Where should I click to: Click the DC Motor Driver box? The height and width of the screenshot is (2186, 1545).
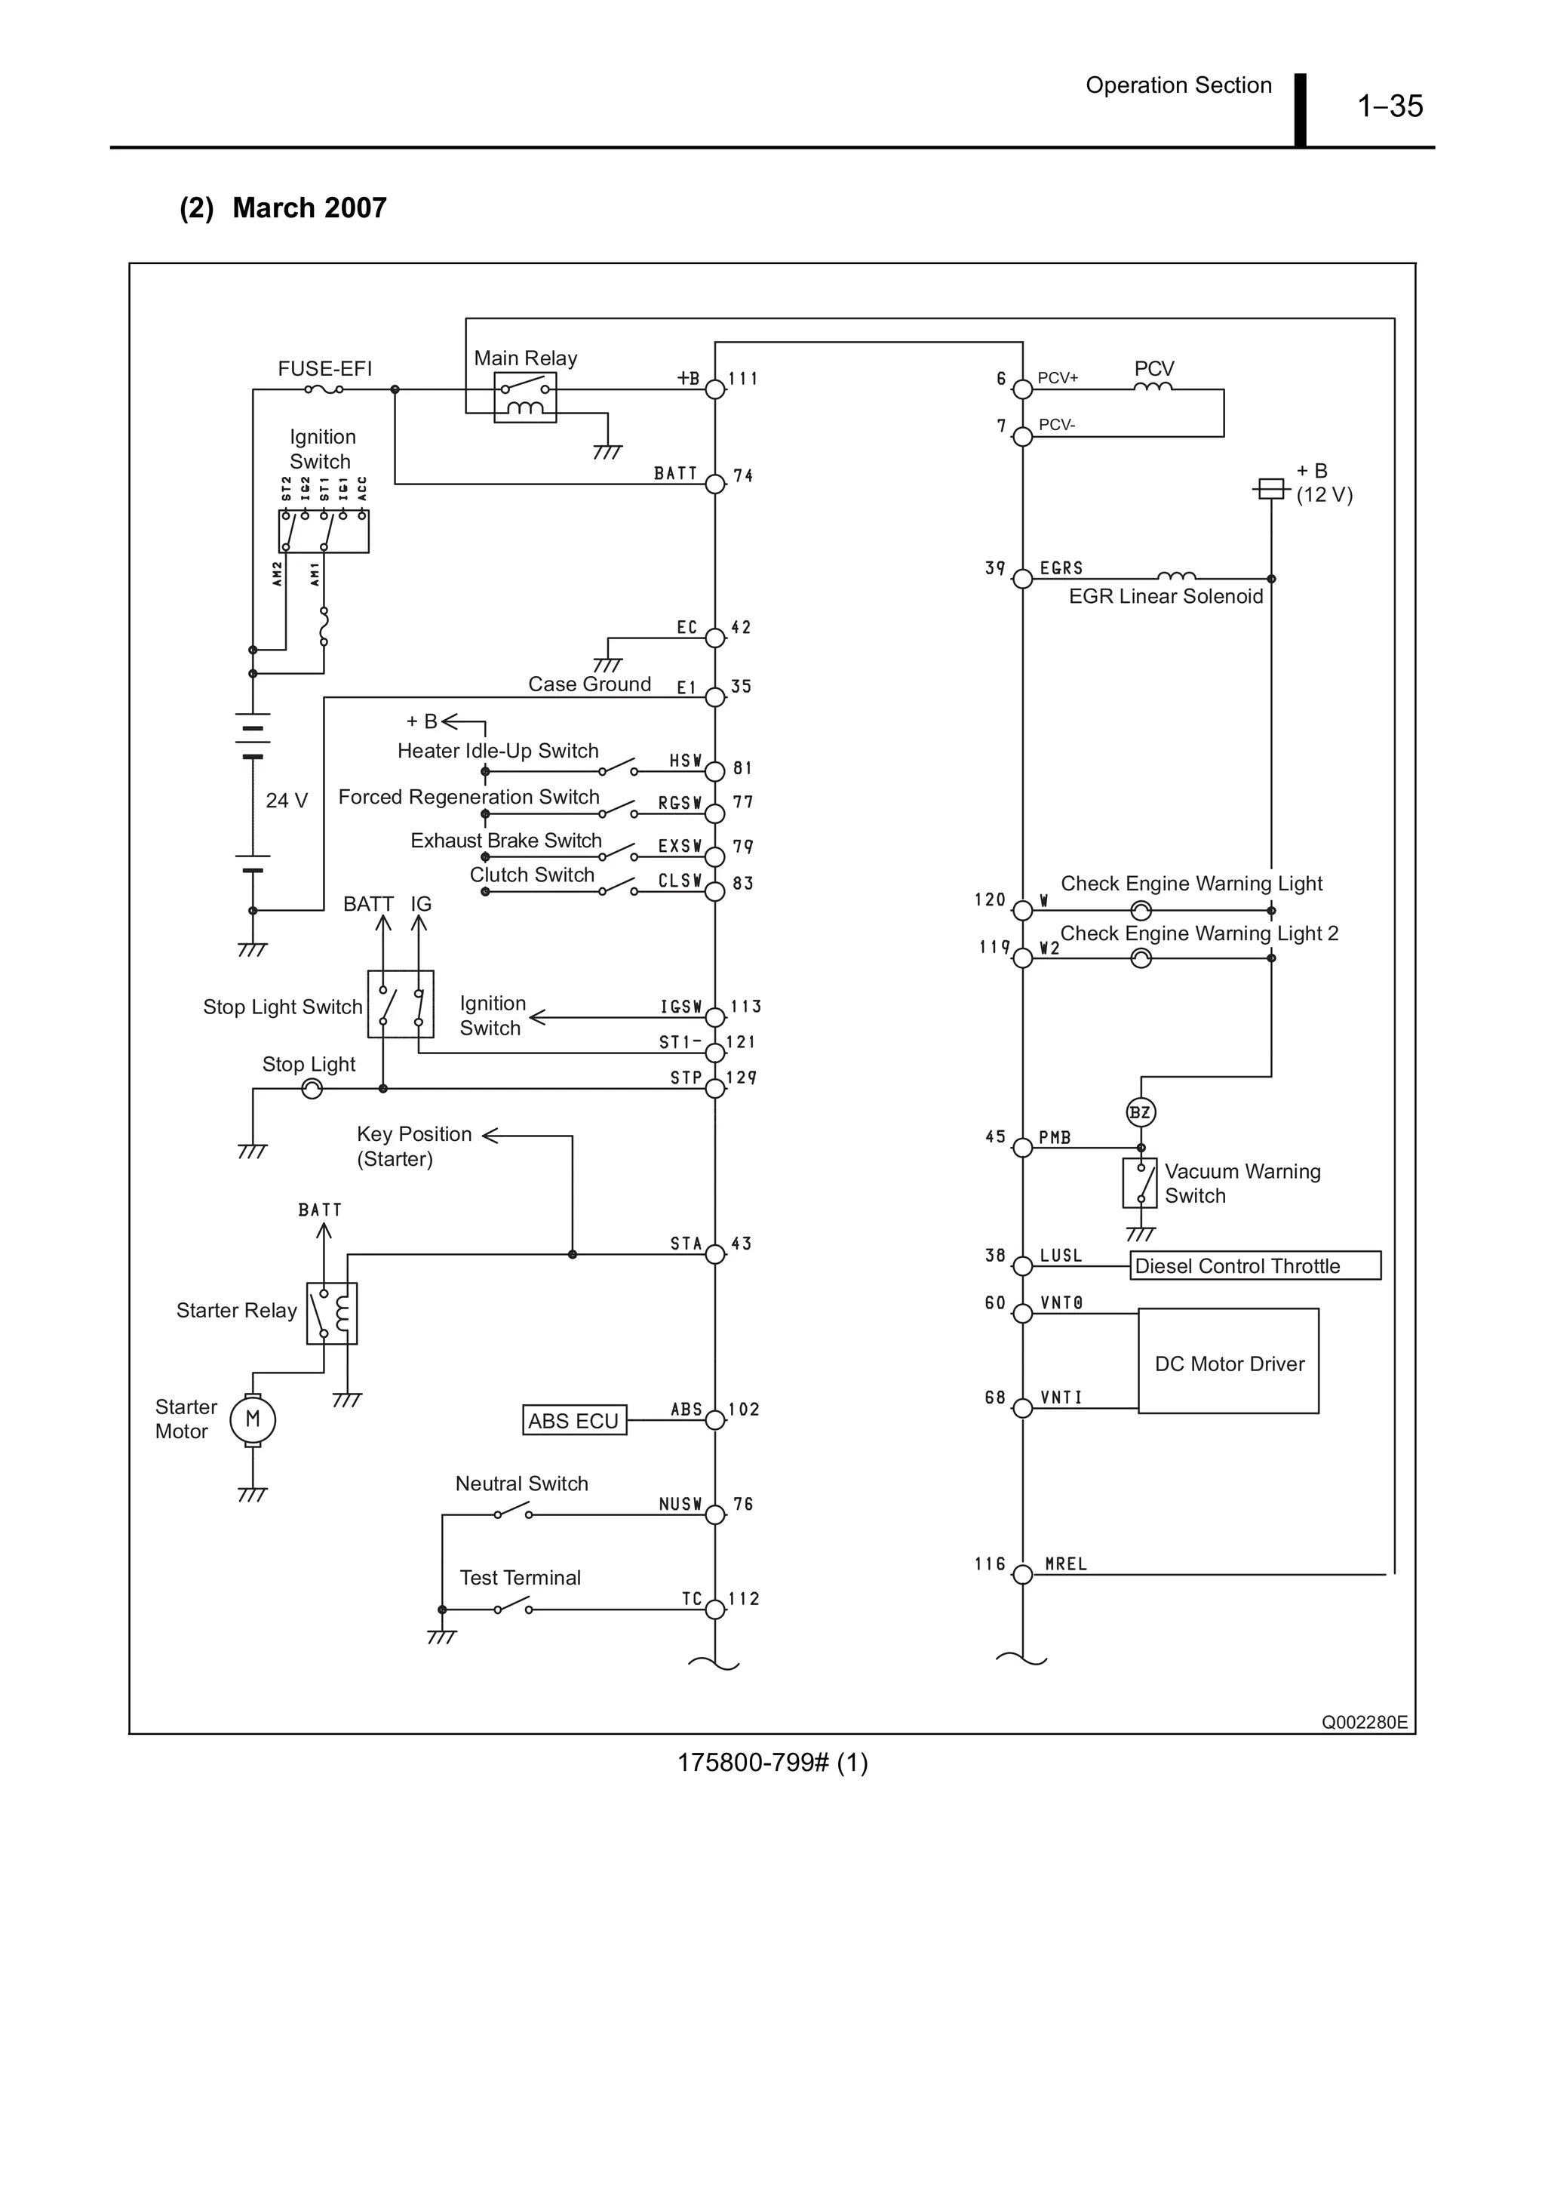click(1228, 1361)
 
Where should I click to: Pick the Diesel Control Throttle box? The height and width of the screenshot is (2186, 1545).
click(1255, 1265)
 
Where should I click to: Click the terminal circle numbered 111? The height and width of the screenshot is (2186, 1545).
click(715, 389)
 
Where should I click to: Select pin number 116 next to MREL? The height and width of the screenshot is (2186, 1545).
click(989, 1563)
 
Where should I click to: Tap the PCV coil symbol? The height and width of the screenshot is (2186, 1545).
click(1153, 386)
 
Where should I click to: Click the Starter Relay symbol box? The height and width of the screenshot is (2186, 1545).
click(331, 1313)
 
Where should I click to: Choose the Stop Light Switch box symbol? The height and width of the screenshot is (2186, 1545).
click(401, 1004)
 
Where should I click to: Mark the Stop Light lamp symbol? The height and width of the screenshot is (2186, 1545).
click(312, 1088)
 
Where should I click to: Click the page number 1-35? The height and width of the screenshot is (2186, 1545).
click(1389, 106)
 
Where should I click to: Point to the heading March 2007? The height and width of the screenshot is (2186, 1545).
click(309, 208)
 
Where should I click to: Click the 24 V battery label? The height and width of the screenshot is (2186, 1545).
click(287, 800)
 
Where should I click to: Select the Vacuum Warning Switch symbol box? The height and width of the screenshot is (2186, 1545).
click(1139, 1182)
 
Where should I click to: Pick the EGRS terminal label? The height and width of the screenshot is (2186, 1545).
click(1061, 568)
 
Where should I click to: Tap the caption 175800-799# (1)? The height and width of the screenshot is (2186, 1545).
click(772, 1763)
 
